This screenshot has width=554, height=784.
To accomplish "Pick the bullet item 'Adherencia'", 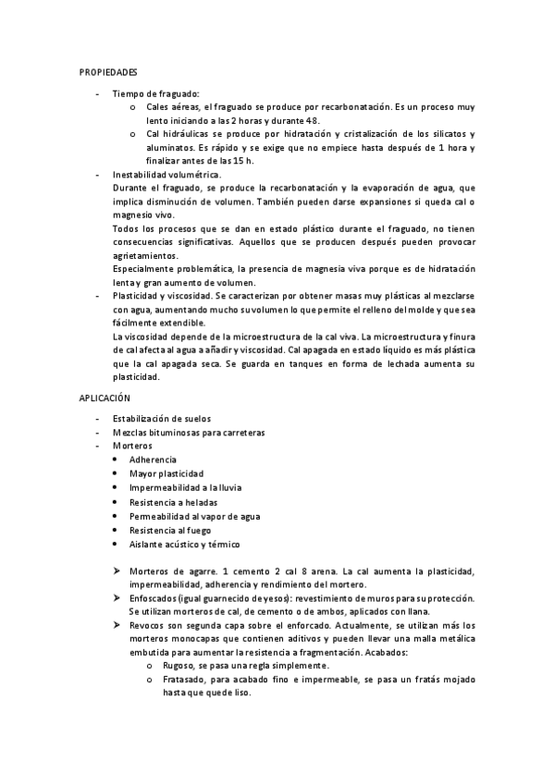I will pos(154,459).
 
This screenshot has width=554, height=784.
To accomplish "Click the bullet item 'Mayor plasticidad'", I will pos(166,473).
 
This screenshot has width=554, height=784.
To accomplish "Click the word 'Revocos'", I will pos(150,626).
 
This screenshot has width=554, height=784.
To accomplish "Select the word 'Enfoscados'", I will pos(158,598).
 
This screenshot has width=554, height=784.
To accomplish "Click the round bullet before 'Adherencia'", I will pos(114,459).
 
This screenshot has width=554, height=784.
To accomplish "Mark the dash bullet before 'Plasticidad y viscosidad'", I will pos(96,295).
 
